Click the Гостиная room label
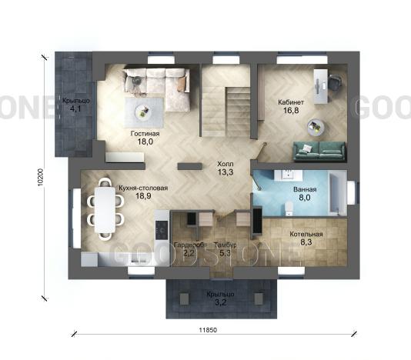pos(145,134)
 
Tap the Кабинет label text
pos(291,102)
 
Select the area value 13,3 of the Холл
pos(226,172)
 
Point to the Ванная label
pos(305,189)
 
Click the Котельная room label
pos(306,234)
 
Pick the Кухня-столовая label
pos(143,188)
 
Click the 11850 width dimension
pos(208,330)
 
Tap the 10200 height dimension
pos(40,177)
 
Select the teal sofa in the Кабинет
pos(319,151)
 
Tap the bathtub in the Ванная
pos(338,194)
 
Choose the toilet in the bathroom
pos(289,208)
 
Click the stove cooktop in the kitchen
pos(162,230)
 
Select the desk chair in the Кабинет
pos(334,82)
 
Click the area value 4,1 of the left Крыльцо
pos(75,109)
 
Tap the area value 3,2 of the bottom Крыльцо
pos(220,302)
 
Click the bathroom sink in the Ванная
pos(288,175)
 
